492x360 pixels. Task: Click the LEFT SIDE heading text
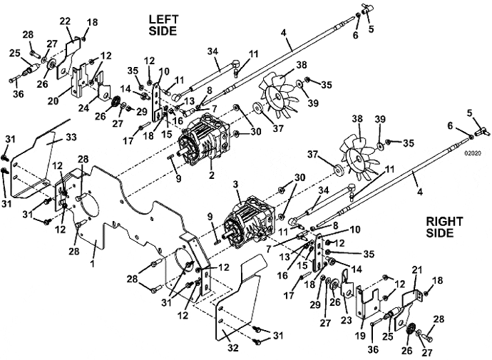click(x=163, y=25)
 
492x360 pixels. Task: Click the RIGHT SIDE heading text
click(x=444, y=227)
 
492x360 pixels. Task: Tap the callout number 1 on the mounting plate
click(x=93, y=263)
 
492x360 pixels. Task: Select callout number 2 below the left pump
click(x=212, y=175)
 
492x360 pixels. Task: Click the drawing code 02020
click(x=473, y=153)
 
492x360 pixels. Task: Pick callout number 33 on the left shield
click(x=71, y=137)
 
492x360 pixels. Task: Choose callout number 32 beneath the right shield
click(x=233, y=347)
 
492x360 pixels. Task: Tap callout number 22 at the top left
click(x=66, y=21)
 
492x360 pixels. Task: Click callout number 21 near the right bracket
click(x=417, y=270)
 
